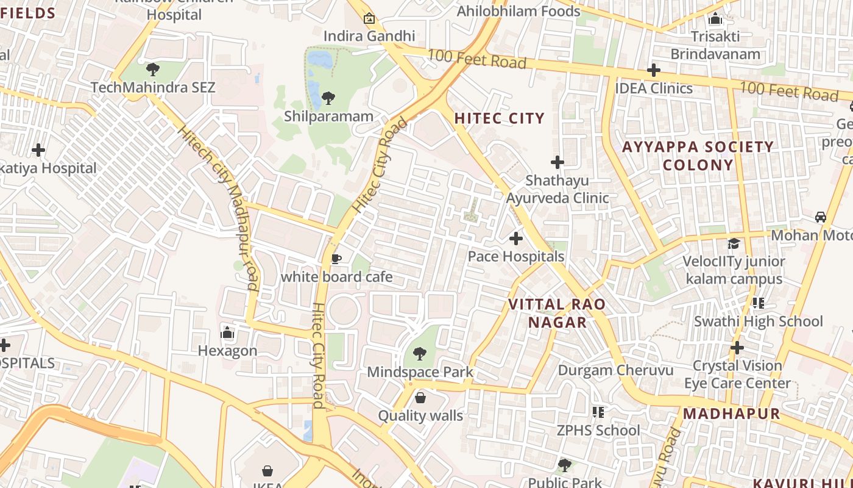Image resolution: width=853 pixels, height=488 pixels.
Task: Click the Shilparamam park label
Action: pos(328,116)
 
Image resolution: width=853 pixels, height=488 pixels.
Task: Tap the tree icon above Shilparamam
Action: pos(328,98)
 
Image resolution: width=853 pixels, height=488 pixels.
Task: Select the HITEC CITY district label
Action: pos(499,118)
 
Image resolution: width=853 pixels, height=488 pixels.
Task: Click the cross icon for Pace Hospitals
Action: pos(516,238)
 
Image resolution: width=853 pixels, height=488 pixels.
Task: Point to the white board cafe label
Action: pos(336,277)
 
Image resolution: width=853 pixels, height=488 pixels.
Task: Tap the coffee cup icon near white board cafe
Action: pos(336,259)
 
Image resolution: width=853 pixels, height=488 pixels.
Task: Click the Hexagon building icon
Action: pos(228,332)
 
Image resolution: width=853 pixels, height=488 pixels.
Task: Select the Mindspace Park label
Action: pos(420,371)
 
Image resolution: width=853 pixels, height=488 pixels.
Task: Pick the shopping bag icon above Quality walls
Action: pos(420,398)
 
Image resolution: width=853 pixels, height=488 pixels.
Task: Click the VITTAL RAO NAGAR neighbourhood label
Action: pos(557,313)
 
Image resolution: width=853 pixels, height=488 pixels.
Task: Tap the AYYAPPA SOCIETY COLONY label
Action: pos(698,156)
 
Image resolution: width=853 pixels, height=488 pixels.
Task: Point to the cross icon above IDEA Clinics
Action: pos(654,70)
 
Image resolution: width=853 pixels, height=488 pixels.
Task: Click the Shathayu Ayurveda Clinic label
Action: pos(557,189)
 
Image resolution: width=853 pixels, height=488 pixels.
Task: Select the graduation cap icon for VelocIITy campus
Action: pos(734,243)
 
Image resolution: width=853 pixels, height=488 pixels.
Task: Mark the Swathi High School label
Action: pos(758,321)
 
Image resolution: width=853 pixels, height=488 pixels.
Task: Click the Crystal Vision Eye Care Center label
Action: pos(737,375)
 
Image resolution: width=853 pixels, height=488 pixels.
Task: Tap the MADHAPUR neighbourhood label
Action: pos(731,414)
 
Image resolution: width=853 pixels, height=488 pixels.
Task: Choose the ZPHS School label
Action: pos(598,431)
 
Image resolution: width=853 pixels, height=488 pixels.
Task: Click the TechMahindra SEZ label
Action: pos(153,87)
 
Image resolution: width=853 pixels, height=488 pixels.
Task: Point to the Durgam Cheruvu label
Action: pos(615,370)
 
